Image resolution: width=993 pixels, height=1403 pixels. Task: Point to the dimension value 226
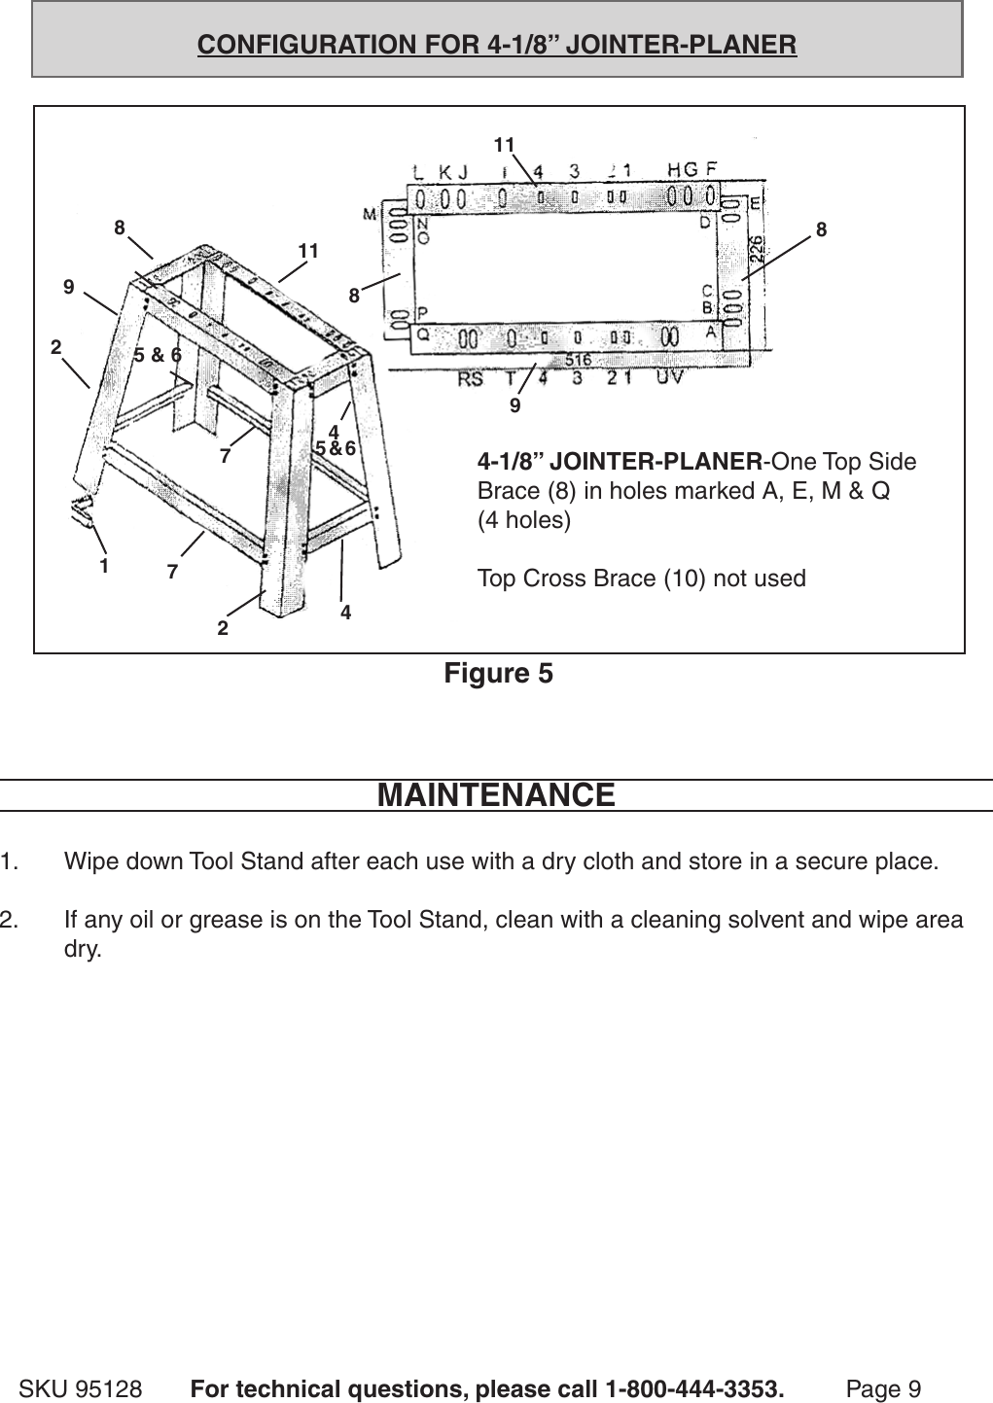[x=756, y=248]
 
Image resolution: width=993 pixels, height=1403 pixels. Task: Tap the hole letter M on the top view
[x=371, y=214]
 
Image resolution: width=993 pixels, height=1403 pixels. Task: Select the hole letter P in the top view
[x=423, y=313]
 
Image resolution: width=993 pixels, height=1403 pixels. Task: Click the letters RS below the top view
[x=470, y=379]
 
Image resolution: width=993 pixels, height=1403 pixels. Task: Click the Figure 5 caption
[x=498, y=673]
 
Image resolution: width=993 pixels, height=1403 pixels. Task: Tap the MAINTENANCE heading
[x=496, y=794]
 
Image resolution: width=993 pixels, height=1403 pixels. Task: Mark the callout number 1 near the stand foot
[x=103, y=564]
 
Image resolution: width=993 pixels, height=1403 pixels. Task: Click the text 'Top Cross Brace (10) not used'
[x=641, y=579]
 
